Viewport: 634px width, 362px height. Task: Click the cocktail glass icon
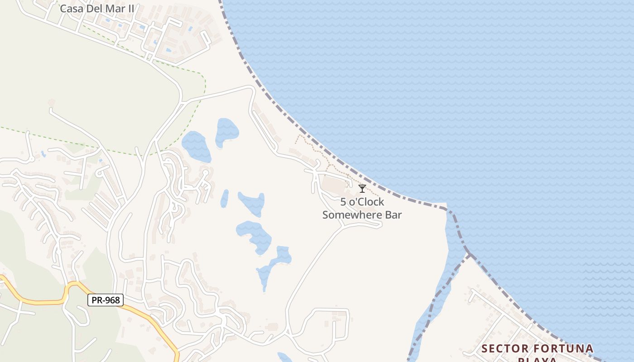(362, 188)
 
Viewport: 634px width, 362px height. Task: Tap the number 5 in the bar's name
(343, 202)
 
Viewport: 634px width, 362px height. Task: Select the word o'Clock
(366, 202)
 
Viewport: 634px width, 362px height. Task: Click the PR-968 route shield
(105, 300)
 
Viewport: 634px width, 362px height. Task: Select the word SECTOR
(505, 348)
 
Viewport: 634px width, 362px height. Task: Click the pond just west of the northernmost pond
(197, 146)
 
